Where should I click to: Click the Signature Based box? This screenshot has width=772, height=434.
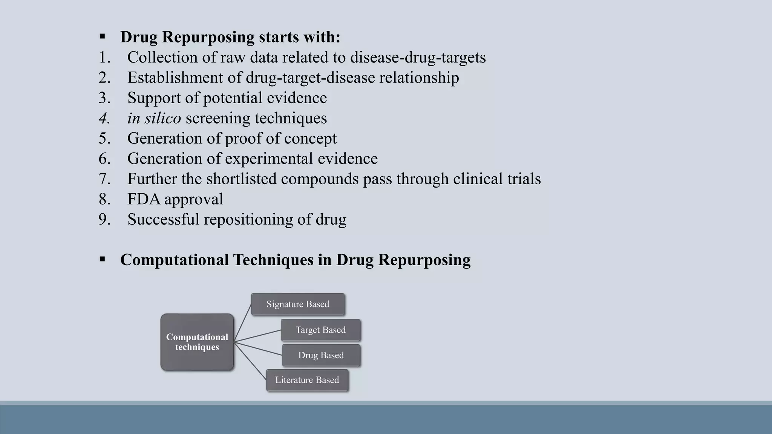[298, 304]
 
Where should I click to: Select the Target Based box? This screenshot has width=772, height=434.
[321, 330]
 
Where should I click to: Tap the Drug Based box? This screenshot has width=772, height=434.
[321, 355]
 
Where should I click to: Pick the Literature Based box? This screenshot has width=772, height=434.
[307, 380]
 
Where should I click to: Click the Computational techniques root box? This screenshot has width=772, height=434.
[197, 342]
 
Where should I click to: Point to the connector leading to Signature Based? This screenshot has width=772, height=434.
[243, 322]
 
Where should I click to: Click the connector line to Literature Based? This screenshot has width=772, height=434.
[250, 361]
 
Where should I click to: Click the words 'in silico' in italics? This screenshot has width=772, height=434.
[154, 118]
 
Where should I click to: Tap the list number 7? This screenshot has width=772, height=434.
[104, 179]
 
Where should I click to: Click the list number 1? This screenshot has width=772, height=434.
[104, 58]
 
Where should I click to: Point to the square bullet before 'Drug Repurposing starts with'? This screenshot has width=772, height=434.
[102, 37]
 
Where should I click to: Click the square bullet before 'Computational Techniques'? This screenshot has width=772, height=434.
[102, 260]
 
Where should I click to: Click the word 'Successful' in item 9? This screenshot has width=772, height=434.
[163, 220]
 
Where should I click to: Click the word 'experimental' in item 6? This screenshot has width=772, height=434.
[269, 159]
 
